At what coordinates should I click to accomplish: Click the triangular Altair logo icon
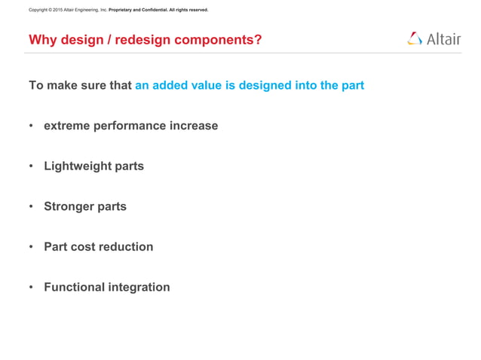point(415,38)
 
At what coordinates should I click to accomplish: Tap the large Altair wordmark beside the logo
point(443,39)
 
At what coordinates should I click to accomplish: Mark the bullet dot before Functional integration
point(32,287)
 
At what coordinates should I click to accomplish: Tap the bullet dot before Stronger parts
point(32,206)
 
